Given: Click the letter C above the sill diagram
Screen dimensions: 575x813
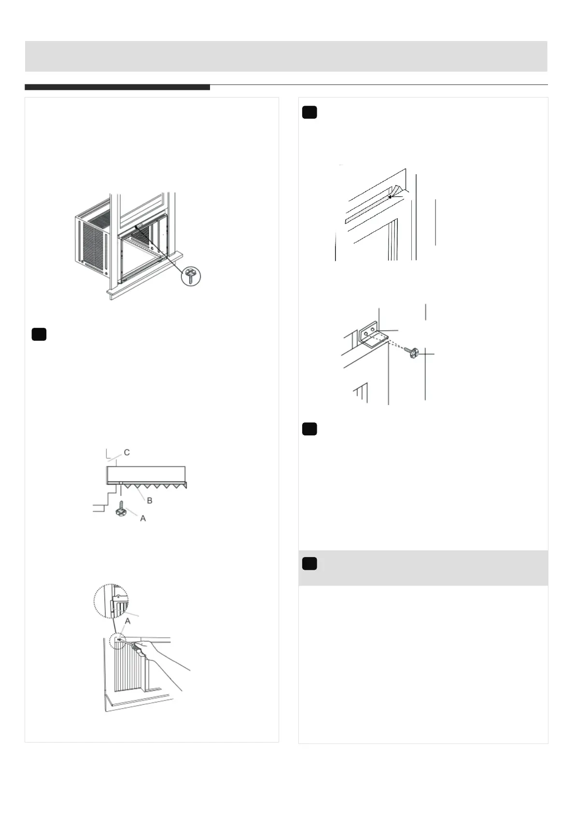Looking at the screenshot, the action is pyautogui.click(x=127, y=452).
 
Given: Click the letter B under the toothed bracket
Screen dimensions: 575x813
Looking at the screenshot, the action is pyautogui.click(x=150, y=501).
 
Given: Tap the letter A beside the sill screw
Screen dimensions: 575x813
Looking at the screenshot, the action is pyautogui.click(x=143, y=518).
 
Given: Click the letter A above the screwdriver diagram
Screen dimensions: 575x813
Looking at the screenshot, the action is pyautogui.click(x=127, y=622).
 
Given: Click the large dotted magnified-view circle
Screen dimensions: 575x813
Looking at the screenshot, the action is pyautogui.click(x=111, y=601).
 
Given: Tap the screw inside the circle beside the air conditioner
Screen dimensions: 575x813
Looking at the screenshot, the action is pyautogui.click(x=191, y=277).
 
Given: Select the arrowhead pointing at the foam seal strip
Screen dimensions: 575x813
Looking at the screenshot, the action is pyautogui.click(x=391, y=197).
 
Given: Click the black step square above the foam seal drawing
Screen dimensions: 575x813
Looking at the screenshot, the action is pyautogui.click(x=309, y=112).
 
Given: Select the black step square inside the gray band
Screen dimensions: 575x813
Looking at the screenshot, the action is pyautogui.click(x=309, y=563).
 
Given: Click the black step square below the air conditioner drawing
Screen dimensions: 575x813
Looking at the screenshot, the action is pyautogui.click(x=39, y=334).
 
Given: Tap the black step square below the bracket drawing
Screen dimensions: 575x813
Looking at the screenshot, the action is pyautogui.click(x=309, y=429).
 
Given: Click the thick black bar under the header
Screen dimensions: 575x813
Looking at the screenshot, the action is pyautogui.click(x=117, y=87).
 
